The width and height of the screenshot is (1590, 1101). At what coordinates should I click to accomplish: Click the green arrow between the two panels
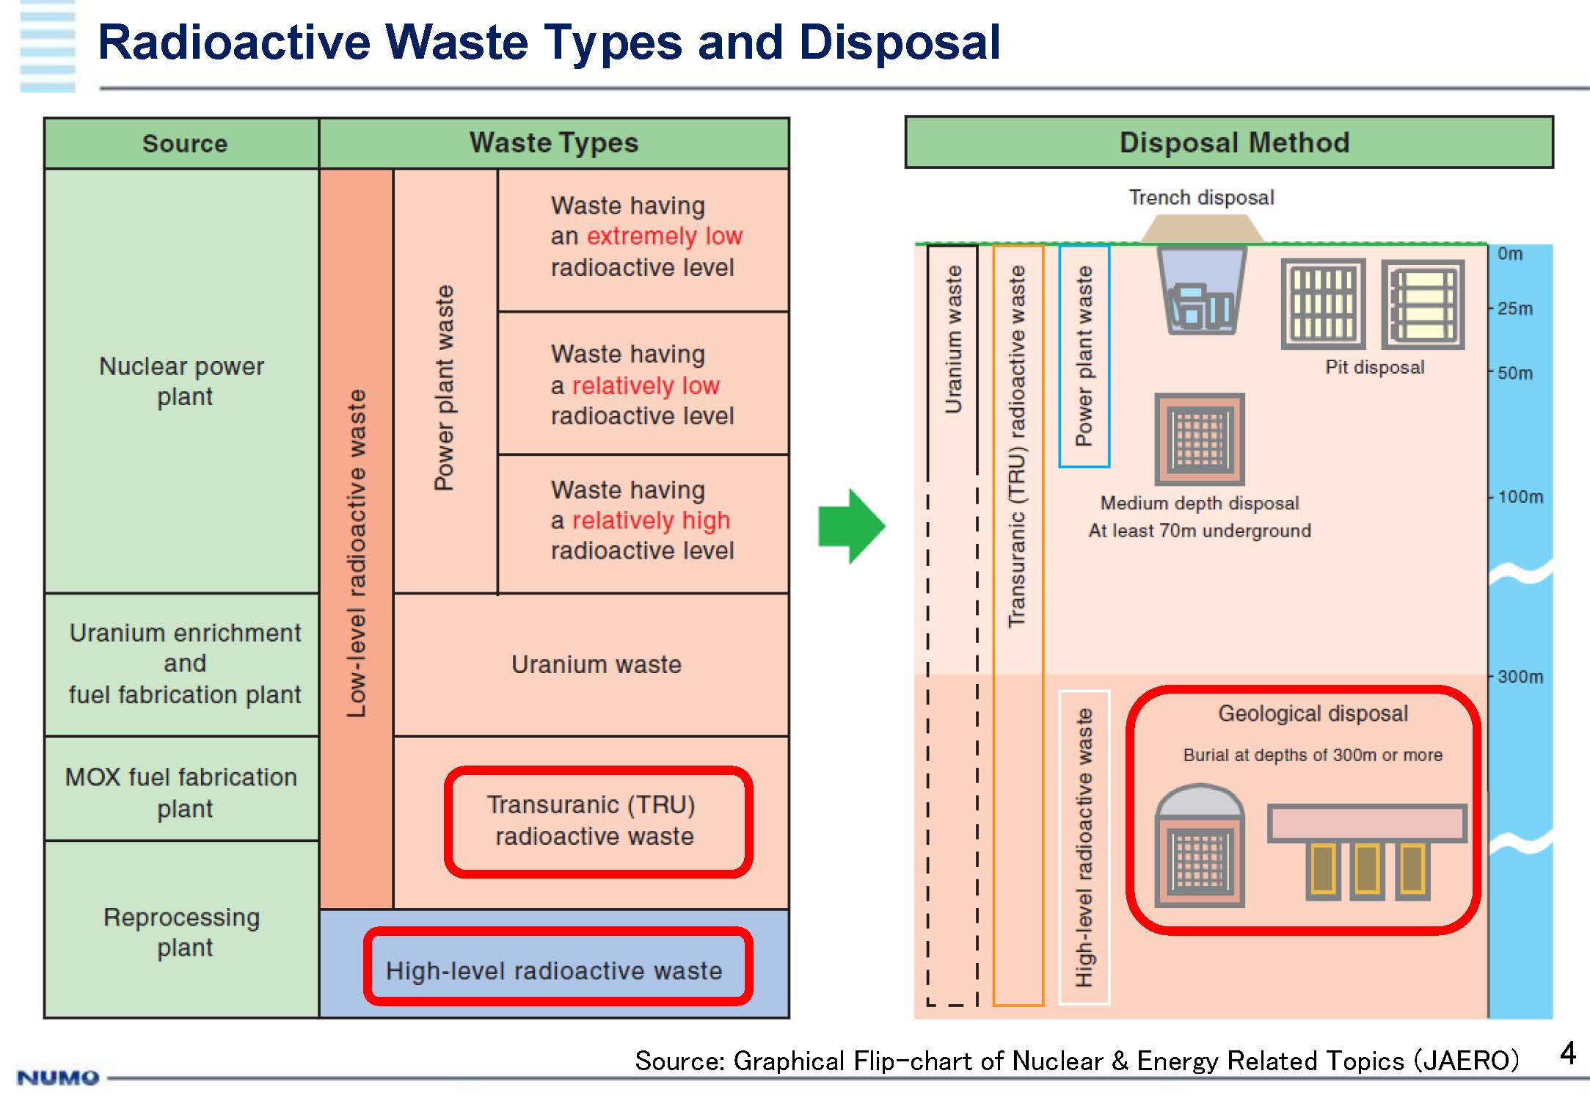[x=852, y=526]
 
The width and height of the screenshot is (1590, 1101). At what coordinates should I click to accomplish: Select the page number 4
[x=1568, y=1053]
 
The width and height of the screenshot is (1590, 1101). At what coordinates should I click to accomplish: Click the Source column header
[x=184, y=143]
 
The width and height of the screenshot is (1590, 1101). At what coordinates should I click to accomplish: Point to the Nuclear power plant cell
[x=182, y=381]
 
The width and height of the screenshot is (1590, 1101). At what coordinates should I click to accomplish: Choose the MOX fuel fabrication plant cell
[x=182, y=792]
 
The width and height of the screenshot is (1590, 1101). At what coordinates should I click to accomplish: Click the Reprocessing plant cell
[x=182, y=931]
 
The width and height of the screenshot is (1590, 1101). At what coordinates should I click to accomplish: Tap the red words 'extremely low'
[x=665, y=236]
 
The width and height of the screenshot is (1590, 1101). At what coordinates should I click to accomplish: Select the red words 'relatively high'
[x=651, y=520]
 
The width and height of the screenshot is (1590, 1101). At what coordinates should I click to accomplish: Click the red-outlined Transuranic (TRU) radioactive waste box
[x=597, y=821]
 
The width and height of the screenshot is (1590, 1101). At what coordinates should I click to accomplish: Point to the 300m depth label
[x=1520, y=676]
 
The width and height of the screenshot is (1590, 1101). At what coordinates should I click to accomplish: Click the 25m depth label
[x=1515, y=308]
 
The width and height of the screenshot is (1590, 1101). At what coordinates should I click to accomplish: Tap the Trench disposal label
[x=1201, y=197]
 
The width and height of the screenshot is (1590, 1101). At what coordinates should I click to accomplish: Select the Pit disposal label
[x=1374, y=367]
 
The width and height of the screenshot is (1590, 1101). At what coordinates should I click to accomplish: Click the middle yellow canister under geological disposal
[x=1366, y=870]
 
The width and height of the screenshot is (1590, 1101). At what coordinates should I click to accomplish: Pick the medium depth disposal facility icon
[x=1200, y=439]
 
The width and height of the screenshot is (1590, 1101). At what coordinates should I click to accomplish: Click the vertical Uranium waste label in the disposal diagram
[x=953, y=340]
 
